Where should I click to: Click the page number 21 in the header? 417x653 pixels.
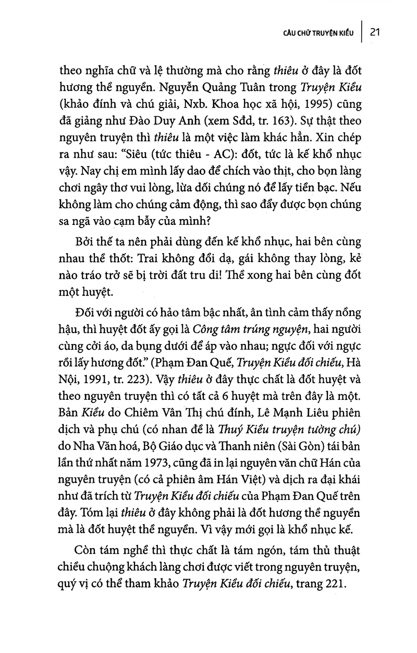pyautogui.click(x=377, y=32)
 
